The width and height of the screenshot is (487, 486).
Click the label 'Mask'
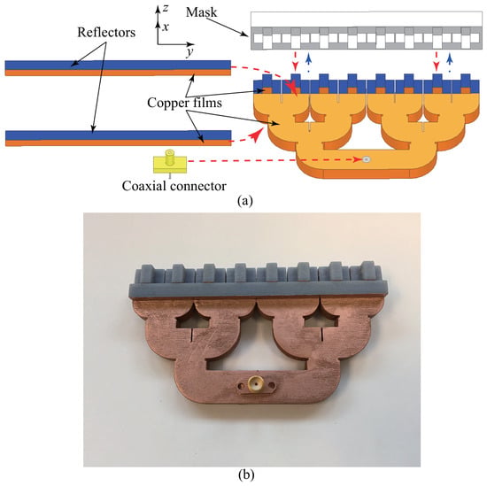pos(201,12)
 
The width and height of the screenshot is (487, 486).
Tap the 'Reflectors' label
pos(106,32)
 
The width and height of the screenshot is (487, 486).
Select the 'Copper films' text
pos(184,103)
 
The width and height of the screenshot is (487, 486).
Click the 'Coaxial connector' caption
pos(174,186)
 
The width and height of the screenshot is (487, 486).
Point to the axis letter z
pos(166,7)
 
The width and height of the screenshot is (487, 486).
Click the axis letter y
pos(190,51)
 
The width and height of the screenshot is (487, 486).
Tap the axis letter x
pos(166,27)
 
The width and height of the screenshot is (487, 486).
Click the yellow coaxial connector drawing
pos(170,162)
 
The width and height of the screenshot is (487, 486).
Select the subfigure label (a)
pos(245,200)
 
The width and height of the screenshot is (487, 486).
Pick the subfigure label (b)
pos(245,474)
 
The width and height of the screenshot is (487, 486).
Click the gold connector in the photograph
pos(256,383)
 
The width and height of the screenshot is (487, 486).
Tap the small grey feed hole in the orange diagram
pos(367,159)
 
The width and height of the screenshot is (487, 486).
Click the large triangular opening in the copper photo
pos(257,350)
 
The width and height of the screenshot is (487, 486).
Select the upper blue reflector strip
pos(118,65)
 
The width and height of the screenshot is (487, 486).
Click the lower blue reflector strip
pos(119,135)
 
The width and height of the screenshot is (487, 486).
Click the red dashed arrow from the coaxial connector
pos(274,160)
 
